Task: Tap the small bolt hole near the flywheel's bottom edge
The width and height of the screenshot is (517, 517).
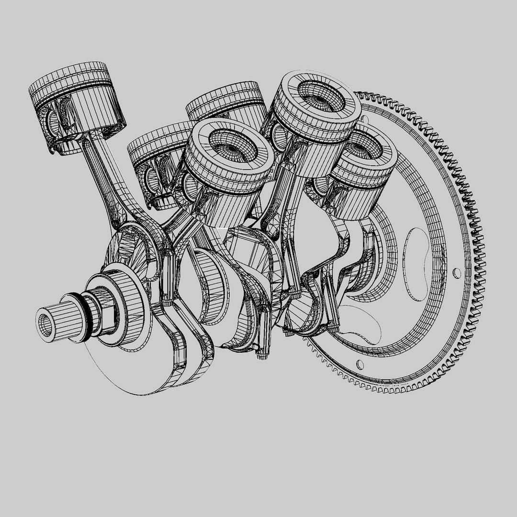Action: click(x=360, y=365)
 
